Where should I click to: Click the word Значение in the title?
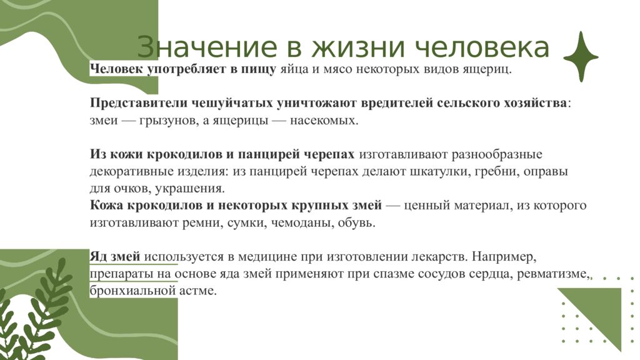point(190,48)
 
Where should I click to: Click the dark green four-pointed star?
point(581,57)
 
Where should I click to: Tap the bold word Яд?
point(99,257)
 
